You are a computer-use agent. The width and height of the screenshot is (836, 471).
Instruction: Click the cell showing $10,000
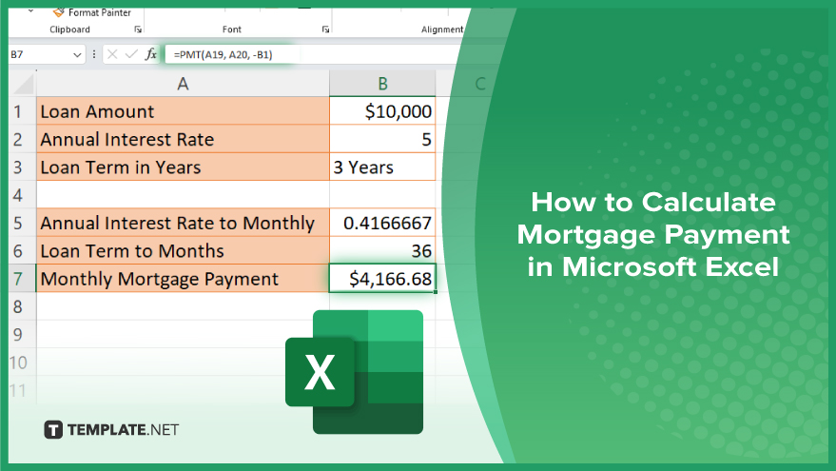(x=382, y=111)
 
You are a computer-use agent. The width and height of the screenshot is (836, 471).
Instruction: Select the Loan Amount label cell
(x=183, y=111)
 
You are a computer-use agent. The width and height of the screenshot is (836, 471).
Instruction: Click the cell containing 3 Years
(x=382, y=167)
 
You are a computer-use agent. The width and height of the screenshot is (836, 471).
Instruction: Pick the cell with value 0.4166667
(x=382, y=223)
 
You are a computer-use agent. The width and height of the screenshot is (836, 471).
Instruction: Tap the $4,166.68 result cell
(x=382, y=278)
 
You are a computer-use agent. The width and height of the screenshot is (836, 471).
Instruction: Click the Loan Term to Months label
(x=132, y=250)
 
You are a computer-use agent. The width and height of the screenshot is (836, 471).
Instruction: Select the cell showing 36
(x=382, y=250)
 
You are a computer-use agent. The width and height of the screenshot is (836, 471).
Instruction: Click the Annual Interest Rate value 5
(x=382, y=139)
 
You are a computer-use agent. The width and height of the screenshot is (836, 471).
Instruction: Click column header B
(x=382, y=84)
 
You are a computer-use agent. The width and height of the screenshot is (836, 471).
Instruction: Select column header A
(x=183, y=84)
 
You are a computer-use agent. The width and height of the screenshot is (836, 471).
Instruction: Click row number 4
(x=18, y=195)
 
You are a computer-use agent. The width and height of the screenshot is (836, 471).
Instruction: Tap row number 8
(x=18, y=306)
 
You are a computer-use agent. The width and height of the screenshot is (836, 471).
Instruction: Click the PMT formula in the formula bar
(x=223, y=54)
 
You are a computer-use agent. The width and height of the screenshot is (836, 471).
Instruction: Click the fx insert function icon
(x=151, y=54)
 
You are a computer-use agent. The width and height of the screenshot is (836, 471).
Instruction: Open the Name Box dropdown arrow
(x=77, y=54)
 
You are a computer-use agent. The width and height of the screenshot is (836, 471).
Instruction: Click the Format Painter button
(x=91, y=12)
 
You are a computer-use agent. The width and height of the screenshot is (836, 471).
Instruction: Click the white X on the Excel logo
(x=320, y=372)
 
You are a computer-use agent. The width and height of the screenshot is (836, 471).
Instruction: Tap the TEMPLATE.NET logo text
(x=123, y=429)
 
